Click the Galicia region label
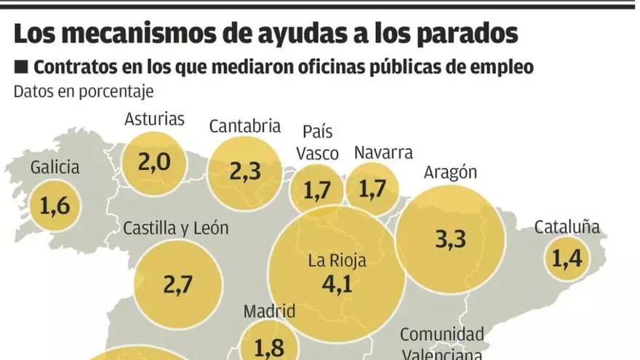coord(55,168)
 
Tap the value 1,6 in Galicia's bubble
coord(55,206)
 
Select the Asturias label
coord(155,119)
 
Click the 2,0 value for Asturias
coord(153,161)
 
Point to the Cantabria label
coord(245,127)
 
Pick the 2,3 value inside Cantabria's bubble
coord(245,172)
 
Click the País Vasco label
coord(320,143)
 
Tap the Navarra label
coord(383,153)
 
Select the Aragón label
coord(450,172)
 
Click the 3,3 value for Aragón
coord(450,239)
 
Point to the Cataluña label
coord(567,227)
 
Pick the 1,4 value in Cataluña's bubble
coord(568,258)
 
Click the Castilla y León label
coord(176,228)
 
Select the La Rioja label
coord(336,261)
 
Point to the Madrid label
coord(269,312)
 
